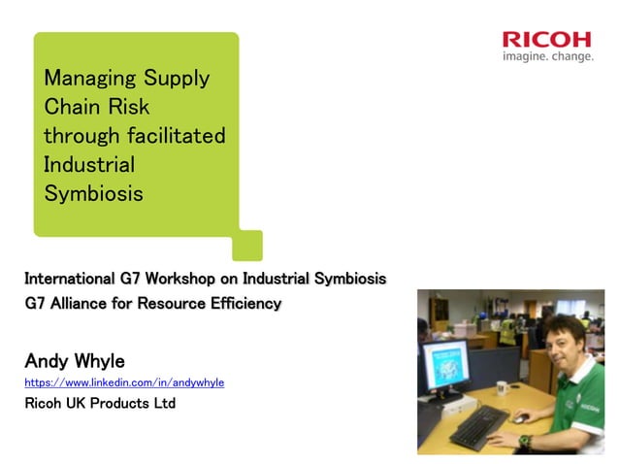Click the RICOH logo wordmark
click(546, 40)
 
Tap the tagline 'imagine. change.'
click(547, 56)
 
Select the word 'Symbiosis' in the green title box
click(93, 193)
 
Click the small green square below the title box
click(247, 245)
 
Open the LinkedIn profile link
click(124, 382)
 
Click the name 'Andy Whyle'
click(75, 361)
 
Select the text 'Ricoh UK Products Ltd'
click(100, 403)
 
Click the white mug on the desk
click(502, 388)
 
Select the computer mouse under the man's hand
click(521, 419)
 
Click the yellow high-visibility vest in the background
click(506, 332)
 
